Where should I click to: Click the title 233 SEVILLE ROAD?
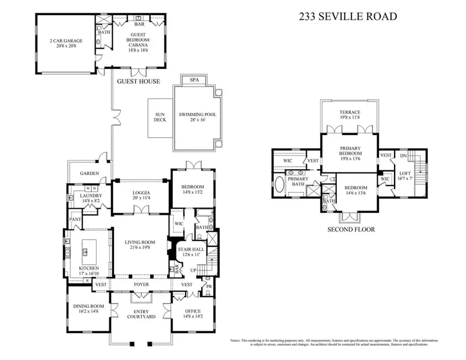(348, 16)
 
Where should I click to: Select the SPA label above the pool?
(194, 79)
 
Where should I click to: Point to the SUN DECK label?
(160, 117)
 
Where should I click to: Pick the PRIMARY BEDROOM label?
(350, 155)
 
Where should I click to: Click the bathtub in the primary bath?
(279, 184)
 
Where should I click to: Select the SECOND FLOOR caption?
(351, 229)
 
